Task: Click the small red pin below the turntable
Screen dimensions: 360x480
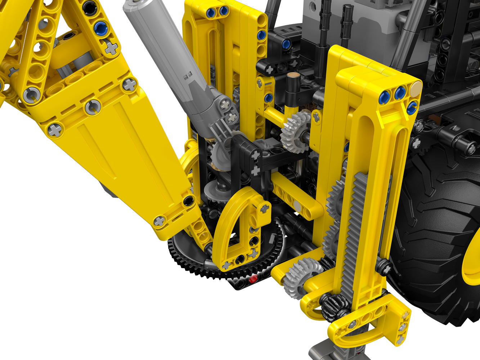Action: (254, 278)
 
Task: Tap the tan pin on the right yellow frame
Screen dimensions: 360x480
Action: (417, 87)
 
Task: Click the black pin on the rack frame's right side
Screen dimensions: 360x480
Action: (384, 267)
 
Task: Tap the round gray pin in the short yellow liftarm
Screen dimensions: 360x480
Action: (297, 206)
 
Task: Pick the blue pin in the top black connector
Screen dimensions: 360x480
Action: (286, 44)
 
